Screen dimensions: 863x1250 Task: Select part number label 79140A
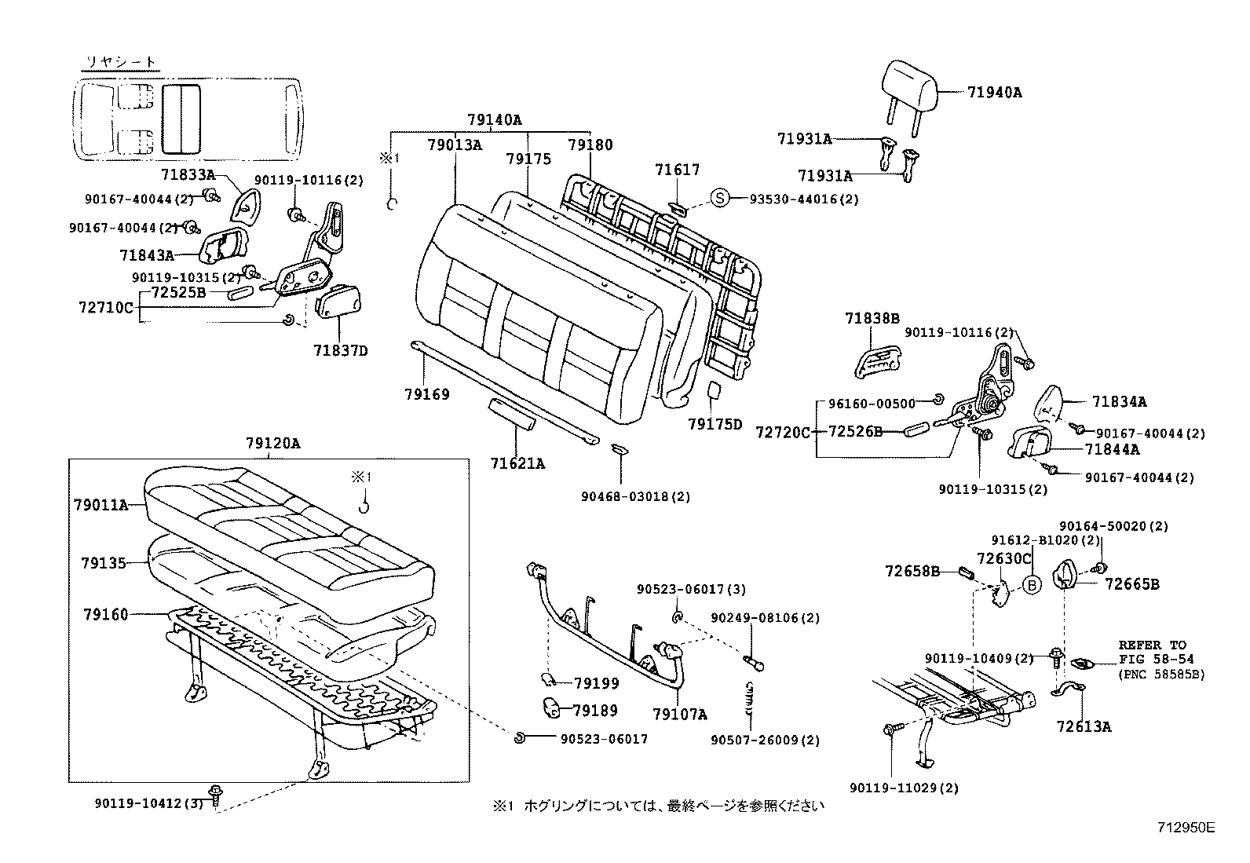pyautogui.click(x=494, y=120)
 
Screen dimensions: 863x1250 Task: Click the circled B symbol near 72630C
pyautogui.click(x=1033, y=585)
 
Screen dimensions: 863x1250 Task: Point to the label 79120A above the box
pyautogui.click(x=272, y=444)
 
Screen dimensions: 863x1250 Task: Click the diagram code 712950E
pyautogui.click(x=1186, y=827)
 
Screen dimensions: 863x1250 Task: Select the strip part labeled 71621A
pyautogui.click(x=511, y=413)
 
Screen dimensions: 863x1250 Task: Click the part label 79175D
pyautogui.click(x=715, y=425)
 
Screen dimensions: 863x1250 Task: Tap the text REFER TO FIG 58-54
pyautogui.click(x=1152, y=652)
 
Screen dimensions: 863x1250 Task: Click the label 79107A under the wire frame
pyautogui.click(x=679, y=715)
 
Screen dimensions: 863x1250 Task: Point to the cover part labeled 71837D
pyautogui.click(x=338, y=302)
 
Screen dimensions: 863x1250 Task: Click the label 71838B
pyautogui.click(x=872, y=318)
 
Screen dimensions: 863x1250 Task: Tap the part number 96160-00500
pyautogui.click(x=872, y=404)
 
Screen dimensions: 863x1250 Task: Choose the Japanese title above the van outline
pyautogui.click(x=120, y=61)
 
